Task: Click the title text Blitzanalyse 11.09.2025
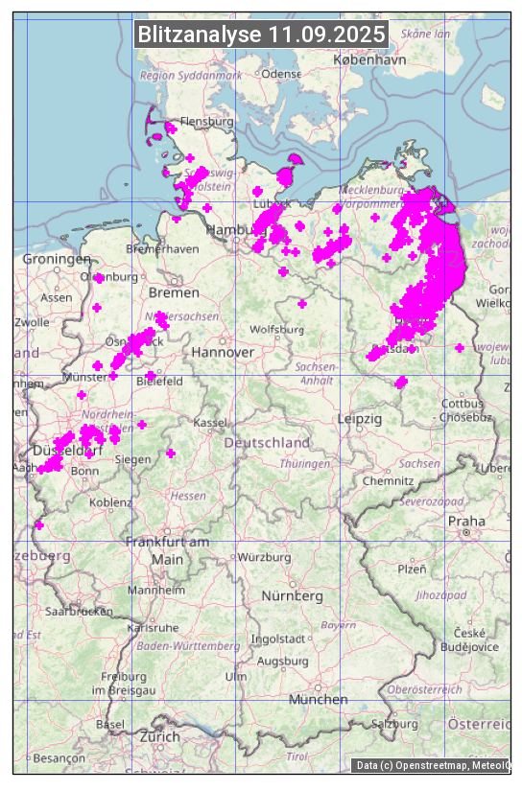coord(261,35)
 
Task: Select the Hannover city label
coord(223,353)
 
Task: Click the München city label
coord(318,700)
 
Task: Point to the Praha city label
coord(466,521)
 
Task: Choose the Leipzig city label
coord(360,419)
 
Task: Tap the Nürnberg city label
coord(293,596)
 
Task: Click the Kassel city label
coord(209,423)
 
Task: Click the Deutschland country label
coord(267,443)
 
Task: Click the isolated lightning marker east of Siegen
coord(171,454)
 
